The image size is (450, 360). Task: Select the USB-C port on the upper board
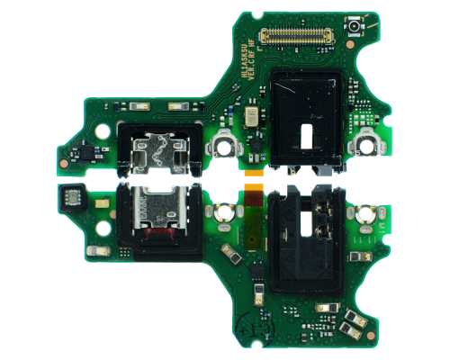point(155,149)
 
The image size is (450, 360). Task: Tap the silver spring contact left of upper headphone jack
point(221,145)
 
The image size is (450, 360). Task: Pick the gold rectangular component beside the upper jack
point(248,117)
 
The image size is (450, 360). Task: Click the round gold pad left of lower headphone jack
point(220,213)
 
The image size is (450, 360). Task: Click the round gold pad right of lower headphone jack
point(366,215)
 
